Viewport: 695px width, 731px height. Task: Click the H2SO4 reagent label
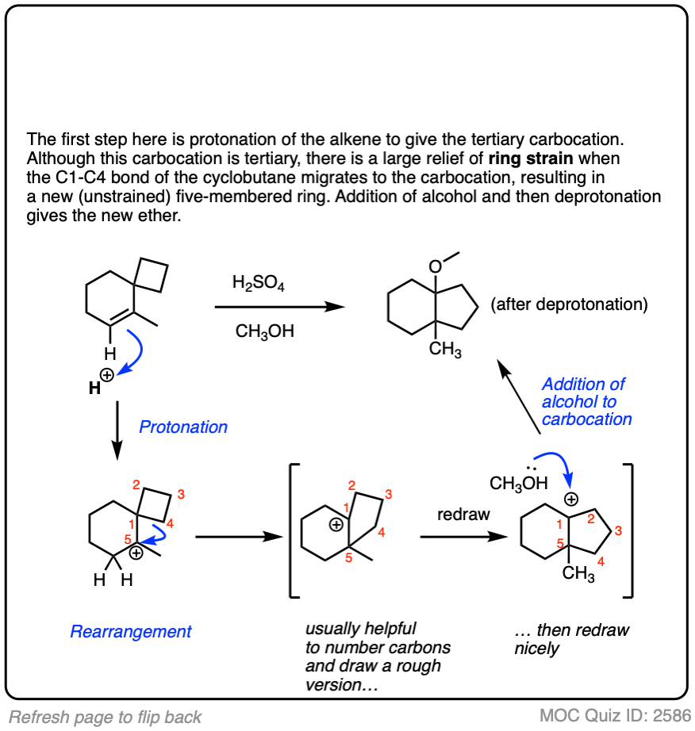(x=258, y=282)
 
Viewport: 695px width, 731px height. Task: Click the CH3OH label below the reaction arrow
(x=264, y=331)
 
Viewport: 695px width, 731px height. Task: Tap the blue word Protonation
(x=183, y=427)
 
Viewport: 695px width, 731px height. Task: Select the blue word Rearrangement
(x=131, y=632)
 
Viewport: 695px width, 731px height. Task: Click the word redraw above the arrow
(x=464, y=515)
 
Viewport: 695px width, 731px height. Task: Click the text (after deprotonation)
(x=570, y=304)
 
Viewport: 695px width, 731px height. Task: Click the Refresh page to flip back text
(x=106, y=718)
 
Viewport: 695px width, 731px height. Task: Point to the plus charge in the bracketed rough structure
(x=336, y=524)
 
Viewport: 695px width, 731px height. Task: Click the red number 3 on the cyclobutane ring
(x=181, y=496)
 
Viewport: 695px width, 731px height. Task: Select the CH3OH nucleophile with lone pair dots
(x=520, y=482)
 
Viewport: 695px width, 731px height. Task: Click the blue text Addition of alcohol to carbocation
(x=585, y=401)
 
